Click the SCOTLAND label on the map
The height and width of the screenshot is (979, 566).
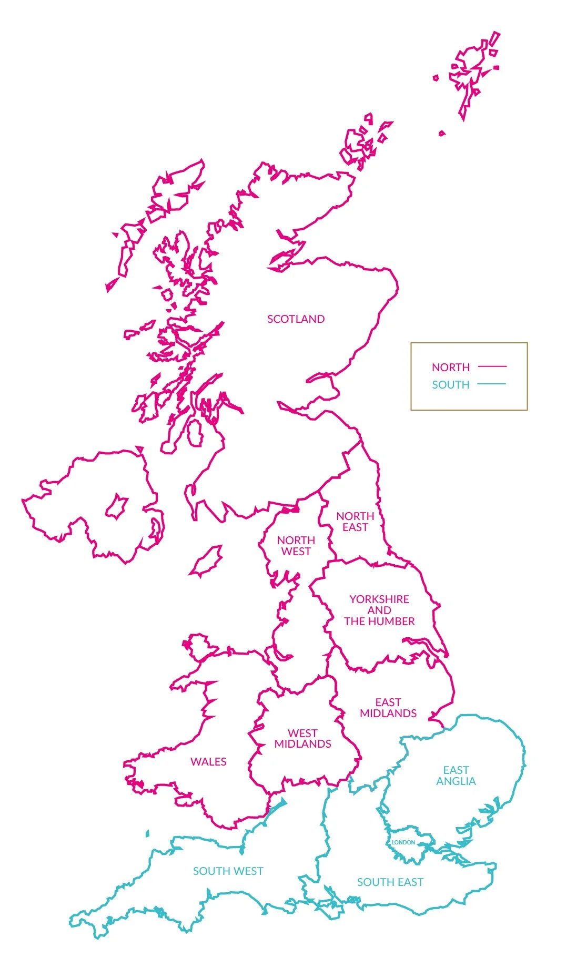click(x=296, y=319)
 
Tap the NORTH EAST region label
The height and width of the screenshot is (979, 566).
click(x=355, y=522)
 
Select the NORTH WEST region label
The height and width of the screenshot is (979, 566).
click(x=296, y=546)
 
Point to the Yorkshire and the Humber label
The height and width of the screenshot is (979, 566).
click(x=379, y=610)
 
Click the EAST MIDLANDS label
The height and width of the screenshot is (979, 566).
click(x=388, y=708)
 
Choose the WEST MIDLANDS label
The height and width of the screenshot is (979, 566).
click(x=302, y=739)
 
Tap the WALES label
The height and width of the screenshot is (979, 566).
click(x=208, y=762)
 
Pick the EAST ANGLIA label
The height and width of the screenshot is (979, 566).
click(x=456, y=776)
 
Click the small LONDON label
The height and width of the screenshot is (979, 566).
click(x=403, y=842)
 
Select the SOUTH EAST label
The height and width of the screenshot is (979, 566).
click(x=390, y=882)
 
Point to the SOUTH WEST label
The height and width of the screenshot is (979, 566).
click(x=228, y=871)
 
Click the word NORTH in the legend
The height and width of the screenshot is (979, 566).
click(x=451, y=368)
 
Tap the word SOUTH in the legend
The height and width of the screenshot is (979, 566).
click(x=451, y=385)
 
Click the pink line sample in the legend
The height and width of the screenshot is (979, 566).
click(x=492, y=366)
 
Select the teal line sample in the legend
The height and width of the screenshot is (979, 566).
click(x=492, y=384)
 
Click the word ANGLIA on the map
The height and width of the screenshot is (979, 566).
click(x=456, y=782)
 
